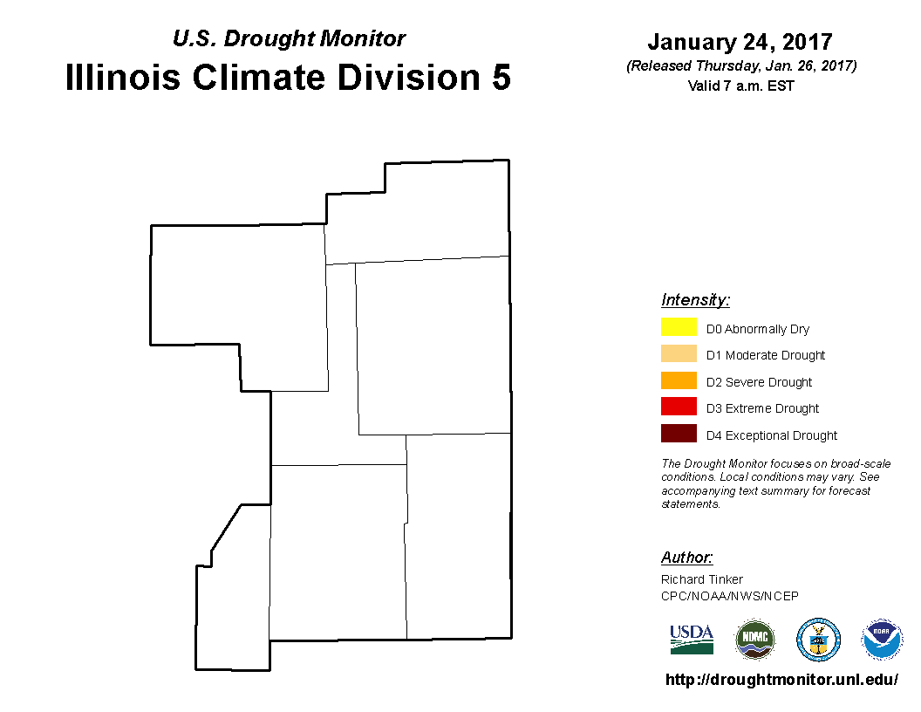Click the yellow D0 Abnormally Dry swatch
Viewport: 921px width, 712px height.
coord(679,326)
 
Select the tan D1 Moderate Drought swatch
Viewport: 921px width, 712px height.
coord(679,353)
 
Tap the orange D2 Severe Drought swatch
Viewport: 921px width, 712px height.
coord(679,380)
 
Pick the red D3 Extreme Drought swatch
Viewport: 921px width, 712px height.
coord(679,407)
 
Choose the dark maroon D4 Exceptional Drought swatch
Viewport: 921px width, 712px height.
coord(679,433)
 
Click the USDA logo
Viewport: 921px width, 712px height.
coord(692,640)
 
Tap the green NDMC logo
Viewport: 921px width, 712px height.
coord(754,640)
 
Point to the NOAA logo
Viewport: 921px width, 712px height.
coord(882,640)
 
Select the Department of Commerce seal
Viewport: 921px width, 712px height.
coord(818,640)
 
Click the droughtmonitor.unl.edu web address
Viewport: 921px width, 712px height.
coord(781,680)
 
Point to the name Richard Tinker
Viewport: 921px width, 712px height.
coord(702,579)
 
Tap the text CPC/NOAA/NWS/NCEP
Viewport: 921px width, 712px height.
coord(729,596)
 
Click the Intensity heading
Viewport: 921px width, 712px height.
coord(695,300)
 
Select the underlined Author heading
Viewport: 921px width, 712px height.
coord(686,557)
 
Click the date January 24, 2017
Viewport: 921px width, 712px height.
coord(740,42)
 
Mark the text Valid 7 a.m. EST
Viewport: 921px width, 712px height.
coord(740,86)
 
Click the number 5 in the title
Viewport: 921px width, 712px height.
coord(501,78)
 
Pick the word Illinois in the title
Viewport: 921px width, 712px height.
coord(122,77)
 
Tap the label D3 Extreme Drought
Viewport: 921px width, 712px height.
coord(762,408)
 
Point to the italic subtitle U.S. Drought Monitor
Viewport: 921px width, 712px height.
coord(289,38)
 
